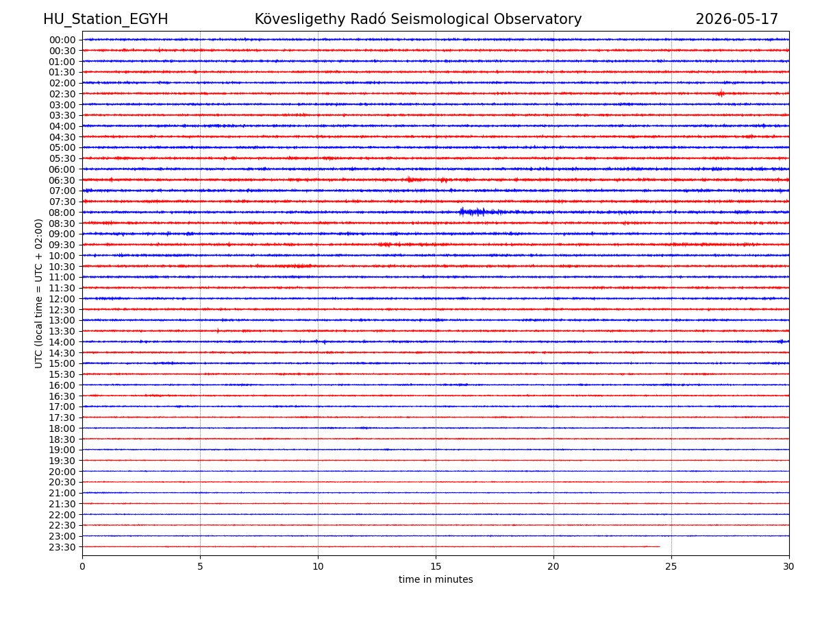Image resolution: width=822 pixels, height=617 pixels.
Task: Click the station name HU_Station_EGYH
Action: tap(105, 19)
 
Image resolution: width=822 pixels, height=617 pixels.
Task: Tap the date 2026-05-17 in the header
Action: tap(736, 19)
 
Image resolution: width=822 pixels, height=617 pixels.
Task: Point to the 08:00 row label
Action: tap(62, 213)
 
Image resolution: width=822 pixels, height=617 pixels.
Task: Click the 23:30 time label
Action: tap(62, 547)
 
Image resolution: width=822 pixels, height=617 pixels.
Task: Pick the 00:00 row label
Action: tap(62, 40)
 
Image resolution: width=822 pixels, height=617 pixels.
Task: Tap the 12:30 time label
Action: tap(62, 309)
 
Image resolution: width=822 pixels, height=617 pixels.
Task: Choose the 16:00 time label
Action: tap(62, 385)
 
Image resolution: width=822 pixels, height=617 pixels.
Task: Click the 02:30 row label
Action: tap(62, 94)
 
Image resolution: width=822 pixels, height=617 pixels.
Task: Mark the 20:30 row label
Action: tap(62, 482)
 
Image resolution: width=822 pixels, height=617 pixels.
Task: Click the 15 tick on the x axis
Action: tap(436, 566)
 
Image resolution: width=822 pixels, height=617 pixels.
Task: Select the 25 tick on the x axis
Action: tap(671, 566)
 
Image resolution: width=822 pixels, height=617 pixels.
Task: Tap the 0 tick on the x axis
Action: tap(82, 566)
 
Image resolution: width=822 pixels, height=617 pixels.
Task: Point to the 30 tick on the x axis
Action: tap(788, 566)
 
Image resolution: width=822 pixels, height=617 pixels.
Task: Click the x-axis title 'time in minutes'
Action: tap(436, 579)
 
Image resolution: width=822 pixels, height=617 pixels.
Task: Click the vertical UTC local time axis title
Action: tap(38, 293)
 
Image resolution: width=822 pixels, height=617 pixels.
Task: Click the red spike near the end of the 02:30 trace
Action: tap(721, 93)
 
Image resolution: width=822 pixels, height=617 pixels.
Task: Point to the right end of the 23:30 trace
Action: tap(660, 546)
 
